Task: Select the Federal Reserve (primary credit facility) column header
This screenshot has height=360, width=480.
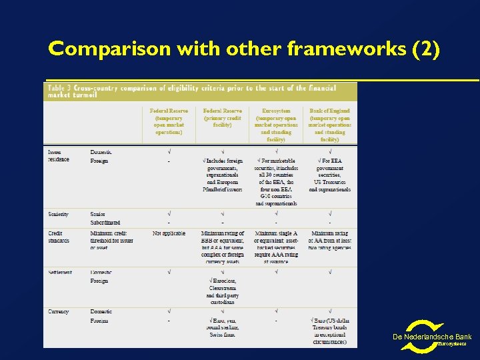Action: [x=222, y=117]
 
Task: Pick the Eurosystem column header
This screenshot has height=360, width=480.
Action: [x=275, y=125]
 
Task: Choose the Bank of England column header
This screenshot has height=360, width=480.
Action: [x=329, y=125]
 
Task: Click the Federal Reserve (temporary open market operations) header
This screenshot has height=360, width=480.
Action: [x=169, y=121]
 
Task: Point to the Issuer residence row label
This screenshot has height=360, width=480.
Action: [x=59, y=156]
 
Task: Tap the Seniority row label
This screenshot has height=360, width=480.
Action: [x=59, y=214]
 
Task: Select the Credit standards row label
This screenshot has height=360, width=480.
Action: [x=59, y=237]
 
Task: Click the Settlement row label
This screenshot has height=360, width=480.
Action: [x=59, y=272]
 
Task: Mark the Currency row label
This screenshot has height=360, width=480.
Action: [x=59, y=311]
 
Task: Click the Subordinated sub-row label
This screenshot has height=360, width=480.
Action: [x=105, y=223]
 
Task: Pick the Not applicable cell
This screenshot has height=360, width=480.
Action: [x=169, y=233]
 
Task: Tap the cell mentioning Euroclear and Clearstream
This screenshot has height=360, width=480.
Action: [x=222, y=291]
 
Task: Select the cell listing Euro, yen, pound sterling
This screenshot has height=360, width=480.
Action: [x=222, y=327]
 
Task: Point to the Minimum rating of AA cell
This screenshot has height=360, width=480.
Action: [x=329, y=241]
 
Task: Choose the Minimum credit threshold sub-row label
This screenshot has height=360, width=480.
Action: [x=111, y=240]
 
